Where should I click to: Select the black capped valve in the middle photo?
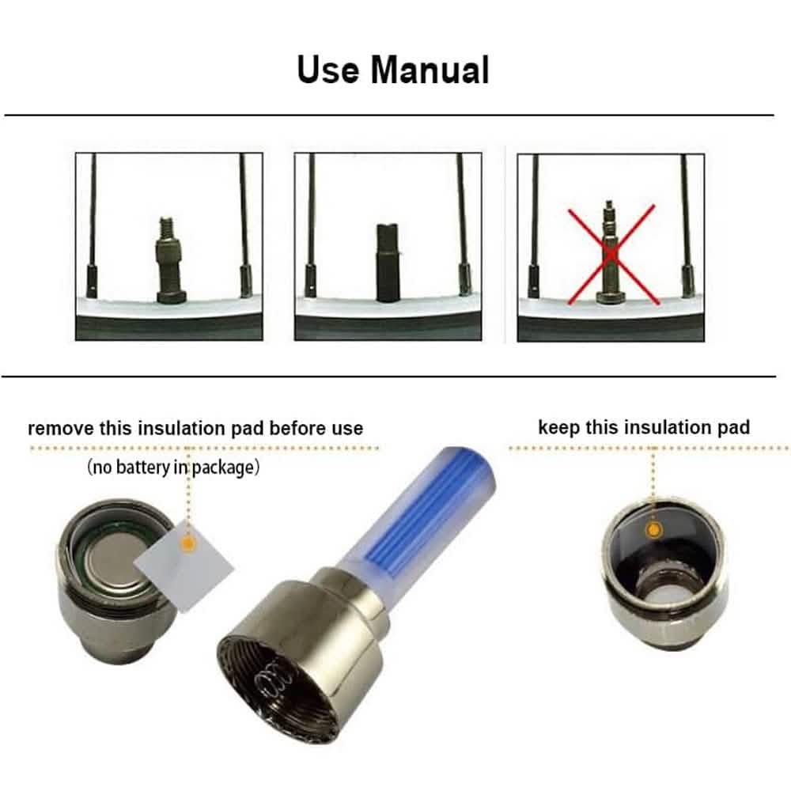[388, 263]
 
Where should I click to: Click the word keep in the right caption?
[558, 427]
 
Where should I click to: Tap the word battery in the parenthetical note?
[143, 467]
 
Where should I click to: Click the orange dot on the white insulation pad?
[187, 544]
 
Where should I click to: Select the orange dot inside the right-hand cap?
[654, 530]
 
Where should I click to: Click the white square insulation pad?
[184, 567]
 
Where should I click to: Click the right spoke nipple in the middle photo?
[464, 279]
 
